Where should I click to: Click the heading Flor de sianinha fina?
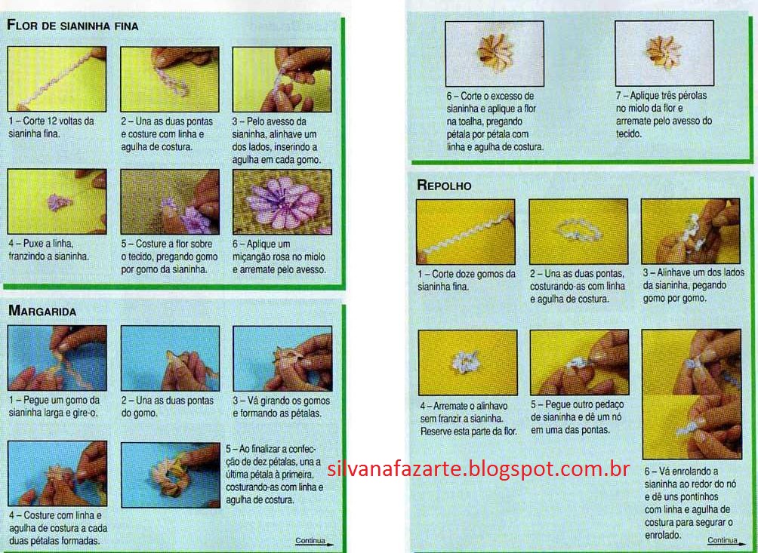[72, 25]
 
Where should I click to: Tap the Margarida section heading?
[42, 311]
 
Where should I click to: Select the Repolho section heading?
[444, 185]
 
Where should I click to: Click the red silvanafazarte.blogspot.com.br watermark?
[478, 469]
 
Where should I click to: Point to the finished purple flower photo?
[282, 202]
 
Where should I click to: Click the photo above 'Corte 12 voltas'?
[57, 79]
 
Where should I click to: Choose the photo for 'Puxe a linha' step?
[57, 202]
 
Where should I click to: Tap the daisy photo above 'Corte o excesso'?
[495, 54]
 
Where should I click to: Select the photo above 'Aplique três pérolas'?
[664, 53]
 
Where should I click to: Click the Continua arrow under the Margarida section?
[314, 542]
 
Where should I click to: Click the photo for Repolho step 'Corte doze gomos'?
[466, 232]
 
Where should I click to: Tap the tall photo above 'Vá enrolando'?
[692, 394]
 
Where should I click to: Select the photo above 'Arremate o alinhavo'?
[467, 363]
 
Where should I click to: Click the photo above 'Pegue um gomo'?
[57, 358]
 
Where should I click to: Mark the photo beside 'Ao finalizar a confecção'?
[170, 475]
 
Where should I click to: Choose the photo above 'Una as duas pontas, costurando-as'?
[578, 232]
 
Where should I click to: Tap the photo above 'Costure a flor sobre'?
[170, 202]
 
